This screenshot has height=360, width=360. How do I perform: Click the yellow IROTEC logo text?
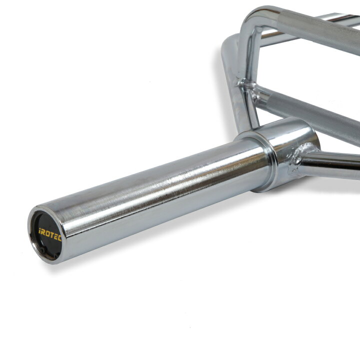50,234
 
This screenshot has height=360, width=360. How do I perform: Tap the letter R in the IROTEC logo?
43,232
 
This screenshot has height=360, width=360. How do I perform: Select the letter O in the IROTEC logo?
48,234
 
